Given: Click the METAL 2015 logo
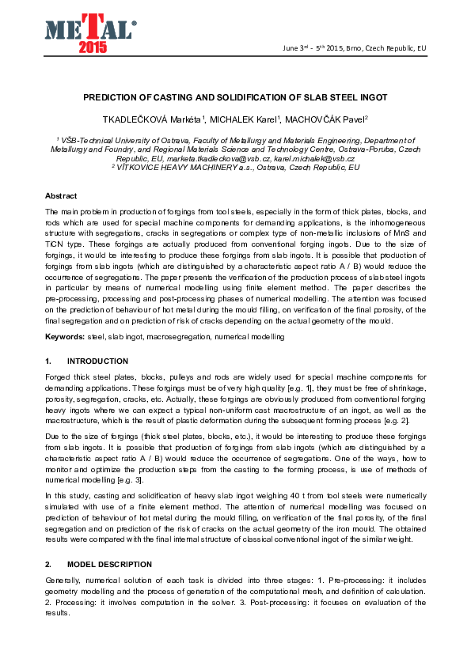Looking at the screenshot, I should click(89, 32).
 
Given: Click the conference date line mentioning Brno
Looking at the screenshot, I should click(354, 48).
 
